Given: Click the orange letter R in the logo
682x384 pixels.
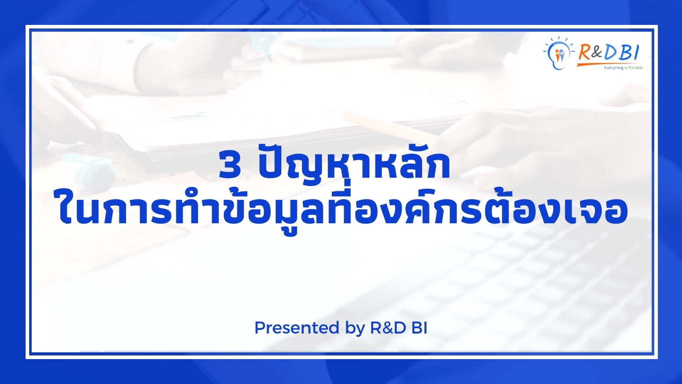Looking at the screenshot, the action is [x=585, y=52].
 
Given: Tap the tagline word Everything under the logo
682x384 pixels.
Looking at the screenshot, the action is [x=614, y=68].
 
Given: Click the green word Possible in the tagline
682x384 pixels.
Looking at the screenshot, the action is [x=635, y=68].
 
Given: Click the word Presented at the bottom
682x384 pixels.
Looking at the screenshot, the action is [x=297, y=328].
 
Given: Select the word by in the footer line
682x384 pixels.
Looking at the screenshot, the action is [x=355, y=329].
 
